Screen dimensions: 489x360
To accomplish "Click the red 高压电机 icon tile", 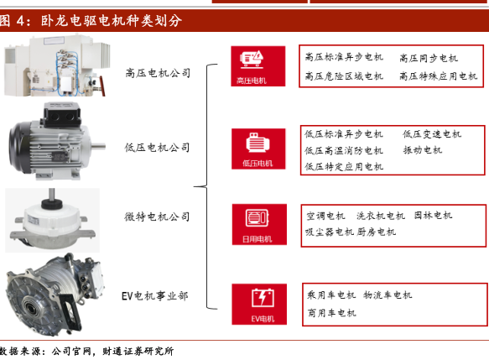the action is [258, 66].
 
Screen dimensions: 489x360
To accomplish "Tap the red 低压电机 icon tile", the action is [258, 149].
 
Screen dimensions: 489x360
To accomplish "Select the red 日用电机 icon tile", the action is [259, 224].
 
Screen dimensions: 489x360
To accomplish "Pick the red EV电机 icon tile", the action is [259, 304].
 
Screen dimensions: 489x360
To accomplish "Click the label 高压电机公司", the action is [158, 73].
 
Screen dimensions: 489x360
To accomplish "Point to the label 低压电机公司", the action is [157, 148].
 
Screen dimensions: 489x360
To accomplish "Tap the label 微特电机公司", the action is [157, 217].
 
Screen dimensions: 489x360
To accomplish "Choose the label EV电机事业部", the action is [154, 295].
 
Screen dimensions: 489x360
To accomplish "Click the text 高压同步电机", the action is [429, 58].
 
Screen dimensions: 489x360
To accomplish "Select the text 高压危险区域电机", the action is [344, 76].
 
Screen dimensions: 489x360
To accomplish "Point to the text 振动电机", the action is [423, 150].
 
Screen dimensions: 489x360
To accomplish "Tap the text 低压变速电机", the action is [432, 134].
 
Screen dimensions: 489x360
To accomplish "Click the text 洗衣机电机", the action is [381, 216].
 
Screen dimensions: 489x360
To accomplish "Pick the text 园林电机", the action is [433, 216].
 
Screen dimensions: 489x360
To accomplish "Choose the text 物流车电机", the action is [388, 295].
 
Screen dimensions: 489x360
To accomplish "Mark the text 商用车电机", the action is [331, 312].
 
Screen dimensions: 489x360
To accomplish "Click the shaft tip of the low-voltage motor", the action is [103, 146].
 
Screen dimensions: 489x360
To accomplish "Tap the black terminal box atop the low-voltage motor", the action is [62, 115].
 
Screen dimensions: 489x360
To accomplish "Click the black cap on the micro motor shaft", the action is [51, 204].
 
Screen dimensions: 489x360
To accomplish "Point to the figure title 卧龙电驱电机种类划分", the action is [112, 21].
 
